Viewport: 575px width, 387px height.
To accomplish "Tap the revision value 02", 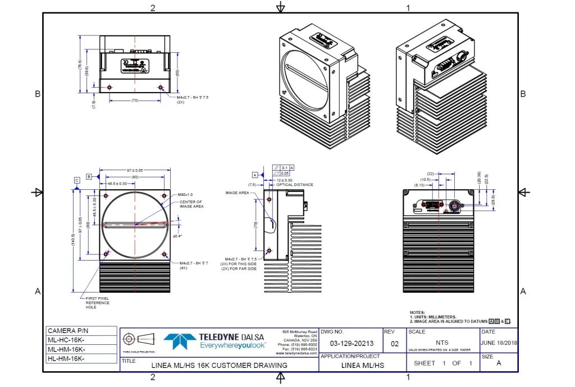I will (394, 344).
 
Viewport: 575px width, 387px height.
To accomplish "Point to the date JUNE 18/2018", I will (499, 344).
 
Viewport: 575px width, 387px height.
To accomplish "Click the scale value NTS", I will (442, 342).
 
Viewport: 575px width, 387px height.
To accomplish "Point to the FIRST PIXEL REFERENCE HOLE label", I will (98, 303).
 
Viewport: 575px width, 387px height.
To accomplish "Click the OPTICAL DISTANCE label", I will (295, 185).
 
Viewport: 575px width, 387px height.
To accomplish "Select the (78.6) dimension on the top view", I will (80, 64).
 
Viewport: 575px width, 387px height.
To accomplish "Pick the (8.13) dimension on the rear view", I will (419, 184).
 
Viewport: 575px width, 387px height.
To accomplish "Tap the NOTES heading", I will (417, 313).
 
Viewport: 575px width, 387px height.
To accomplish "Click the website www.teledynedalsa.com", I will (296, 353).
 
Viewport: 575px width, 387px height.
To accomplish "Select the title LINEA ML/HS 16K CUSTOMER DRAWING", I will (220, 365).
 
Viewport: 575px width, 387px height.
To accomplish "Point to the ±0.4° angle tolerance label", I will (177, 236).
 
